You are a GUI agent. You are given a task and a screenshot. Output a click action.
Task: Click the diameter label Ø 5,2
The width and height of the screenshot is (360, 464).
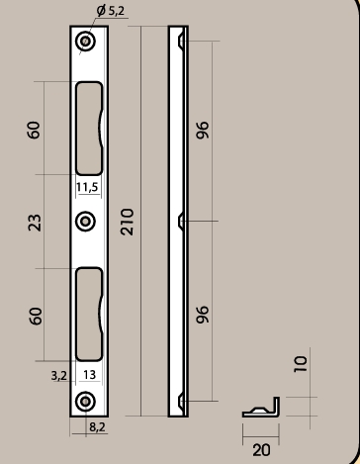click(111, 11)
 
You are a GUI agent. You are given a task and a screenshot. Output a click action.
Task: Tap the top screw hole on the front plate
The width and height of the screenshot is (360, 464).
click(85, 42)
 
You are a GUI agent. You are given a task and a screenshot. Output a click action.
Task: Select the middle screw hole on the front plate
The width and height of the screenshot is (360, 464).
click(85, 222)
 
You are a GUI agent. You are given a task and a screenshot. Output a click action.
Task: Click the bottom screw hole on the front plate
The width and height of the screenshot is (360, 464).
click(85, 402)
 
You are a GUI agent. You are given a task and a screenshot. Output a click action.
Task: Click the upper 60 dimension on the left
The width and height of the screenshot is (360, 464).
click(35, 130)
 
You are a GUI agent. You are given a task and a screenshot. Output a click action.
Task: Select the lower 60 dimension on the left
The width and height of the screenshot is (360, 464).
click(36, 316)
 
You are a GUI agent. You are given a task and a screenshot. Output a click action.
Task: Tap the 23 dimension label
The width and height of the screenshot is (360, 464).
click(35, 223)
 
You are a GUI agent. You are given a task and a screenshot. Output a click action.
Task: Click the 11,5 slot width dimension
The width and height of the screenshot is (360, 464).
click(87, 187)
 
